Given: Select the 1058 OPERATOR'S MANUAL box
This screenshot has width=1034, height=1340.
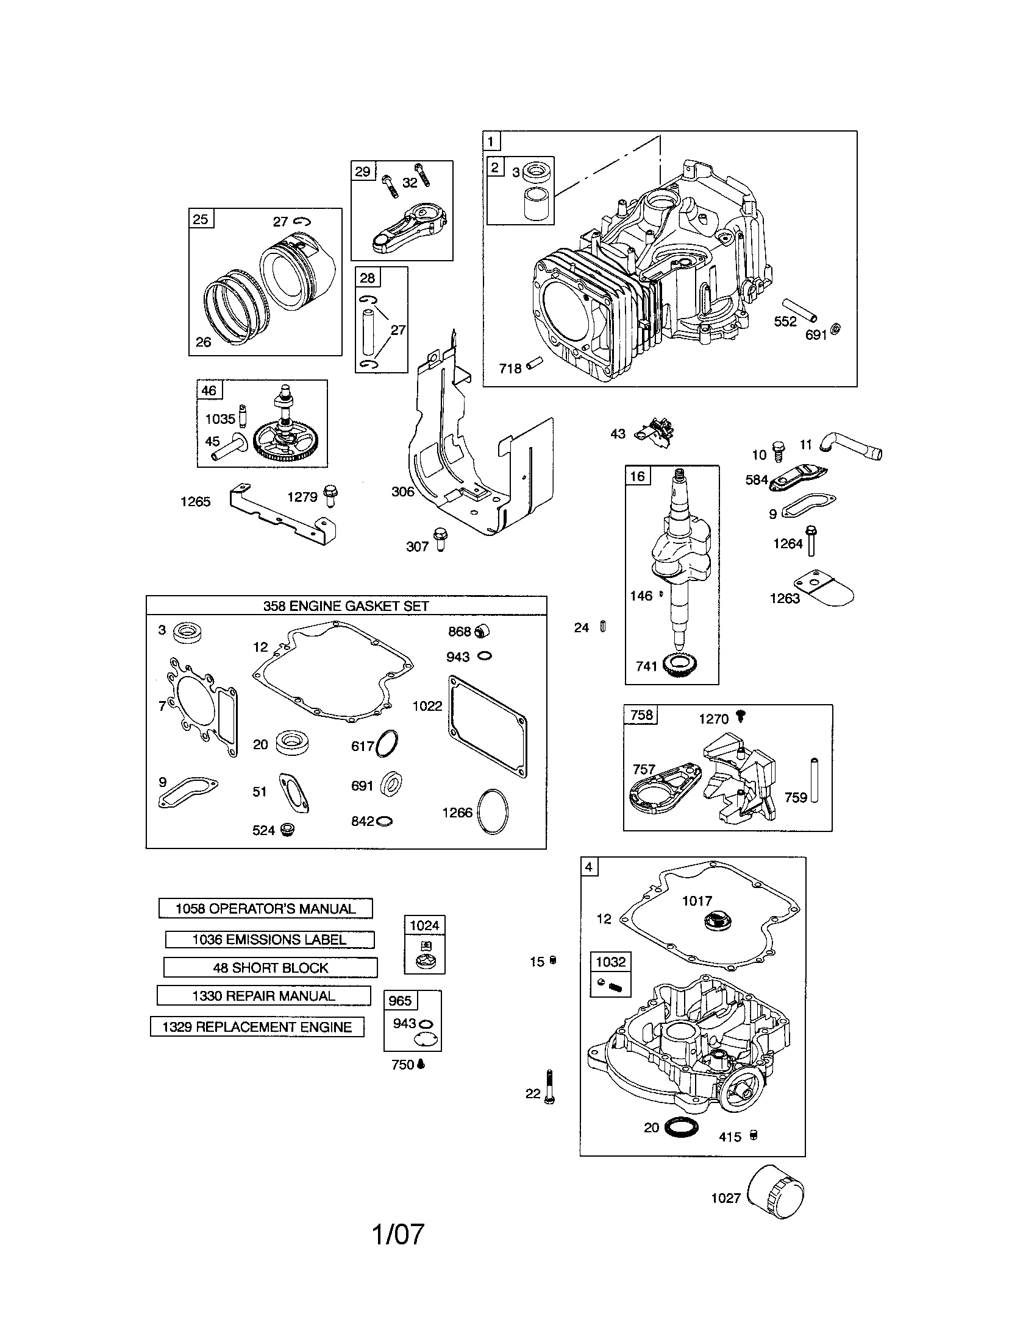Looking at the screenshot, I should tap(265, 909).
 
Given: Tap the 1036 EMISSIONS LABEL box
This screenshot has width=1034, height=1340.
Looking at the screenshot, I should tap(269, 939).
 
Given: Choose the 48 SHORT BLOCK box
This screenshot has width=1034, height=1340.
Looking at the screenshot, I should tap(270, 968).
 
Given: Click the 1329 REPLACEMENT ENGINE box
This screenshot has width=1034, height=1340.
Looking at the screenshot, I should tap(257, 1027).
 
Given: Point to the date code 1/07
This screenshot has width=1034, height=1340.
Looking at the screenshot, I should tap(398, 1234).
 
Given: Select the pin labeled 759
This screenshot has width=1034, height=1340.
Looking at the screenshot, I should tap(814, 780).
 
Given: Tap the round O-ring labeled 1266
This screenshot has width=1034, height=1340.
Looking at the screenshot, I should tap(493, 811).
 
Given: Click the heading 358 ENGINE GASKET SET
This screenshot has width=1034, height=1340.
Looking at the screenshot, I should tap(346, 605).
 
